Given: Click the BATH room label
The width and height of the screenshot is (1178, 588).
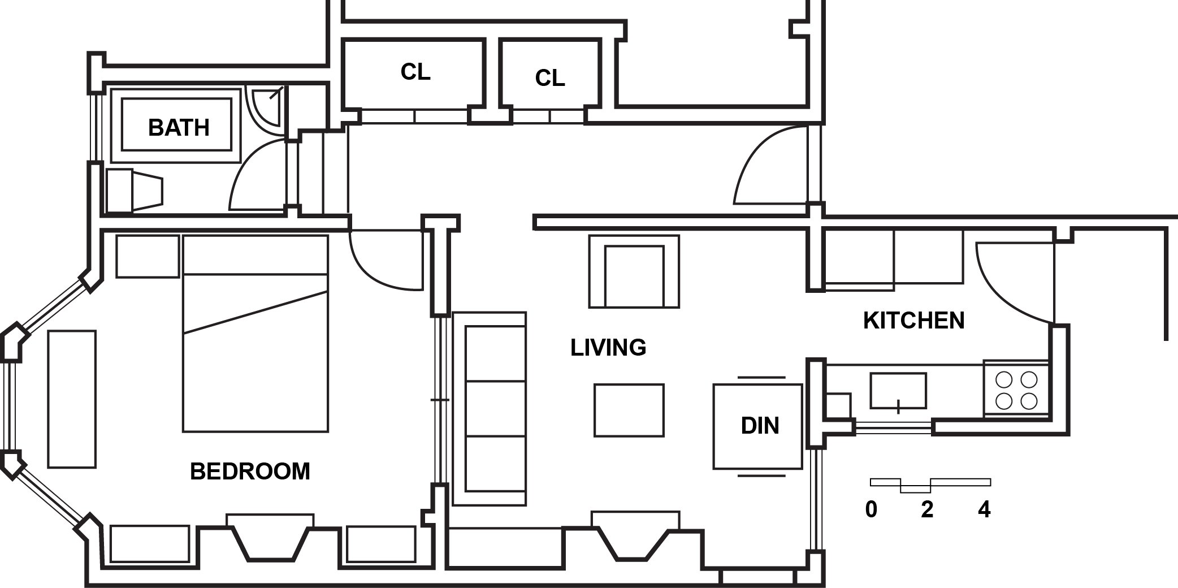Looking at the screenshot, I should click(x=179, y=128).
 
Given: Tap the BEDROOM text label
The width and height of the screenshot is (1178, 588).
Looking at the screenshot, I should click(x=250, y=471).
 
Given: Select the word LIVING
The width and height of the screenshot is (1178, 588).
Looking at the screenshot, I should click(x=608, y=347).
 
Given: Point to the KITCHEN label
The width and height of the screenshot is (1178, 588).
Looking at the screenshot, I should click(x=913, y=321).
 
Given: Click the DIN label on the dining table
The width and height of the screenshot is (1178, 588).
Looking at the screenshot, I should click(x=760, y=426).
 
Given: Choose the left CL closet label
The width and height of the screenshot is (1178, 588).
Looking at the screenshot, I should click(x=415, y=72).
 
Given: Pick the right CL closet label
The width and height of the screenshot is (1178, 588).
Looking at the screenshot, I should click(x=550, y=78).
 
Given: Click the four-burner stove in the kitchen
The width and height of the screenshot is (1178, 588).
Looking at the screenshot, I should click(x=1016, y=390).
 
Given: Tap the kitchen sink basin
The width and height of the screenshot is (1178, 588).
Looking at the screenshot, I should click(x=898, y=390).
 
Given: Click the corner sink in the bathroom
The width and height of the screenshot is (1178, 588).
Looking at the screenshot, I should click(x=266, y=107).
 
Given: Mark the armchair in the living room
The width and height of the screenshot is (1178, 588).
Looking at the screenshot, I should click(x=634, y=272).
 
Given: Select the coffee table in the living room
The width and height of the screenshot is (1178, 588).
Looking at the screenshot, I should click(x=629, y=410).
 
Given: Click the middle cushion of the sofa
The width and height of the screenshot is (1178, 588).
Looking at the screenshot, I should click(x=495, y=408).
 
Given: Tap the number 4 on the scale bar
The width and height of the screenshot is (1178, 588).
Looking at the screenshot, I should click(x=984, y=510).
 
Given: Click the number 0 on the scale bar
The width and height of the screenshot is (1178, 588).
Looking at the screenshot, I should click(x=871, y=510).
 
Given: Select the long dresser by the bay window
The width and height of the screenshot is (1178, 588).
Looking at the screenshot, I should click(x=72, y=399).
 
